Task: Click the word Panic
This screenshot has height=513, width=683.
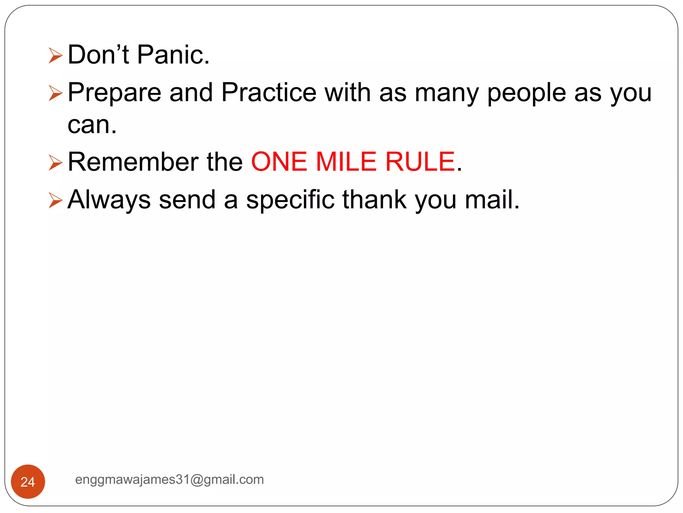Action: (x=173, y=55)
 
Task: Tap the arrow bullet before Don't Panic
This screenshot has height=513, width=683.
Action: (x=55, y=55)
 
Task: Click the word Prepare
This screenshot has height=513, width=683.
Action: (x=114, y=93)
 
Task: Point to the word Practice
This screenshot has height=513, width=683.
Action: (x=269, y=93)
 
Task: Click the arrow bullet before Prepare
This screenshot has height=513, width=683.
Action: (x=55, y=93)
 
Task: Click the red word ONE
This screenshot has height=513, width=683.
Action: (x=279, y=162)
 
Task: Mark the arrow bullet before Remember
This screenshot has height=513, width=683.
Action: (x=55, y=163)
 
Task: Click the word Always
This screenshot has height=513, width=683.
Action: (x=109, y=200)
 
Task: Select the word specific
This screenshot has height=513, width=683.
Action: (x=290, y=200)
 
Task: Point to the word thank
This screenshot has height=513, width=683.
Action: (x=375, y=200)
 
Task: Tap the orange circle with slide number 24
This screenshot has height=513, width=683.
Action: (x=28, y=481)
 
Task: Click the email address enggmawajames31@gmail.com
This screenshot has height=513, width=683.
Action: (x=169, y=480)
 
